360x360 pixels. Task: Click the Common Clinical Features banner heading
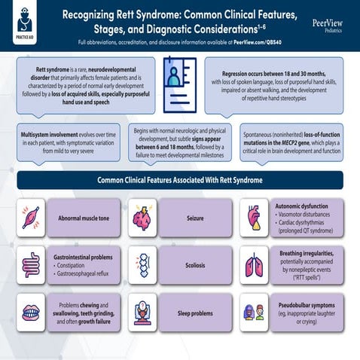pos(180,180)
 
